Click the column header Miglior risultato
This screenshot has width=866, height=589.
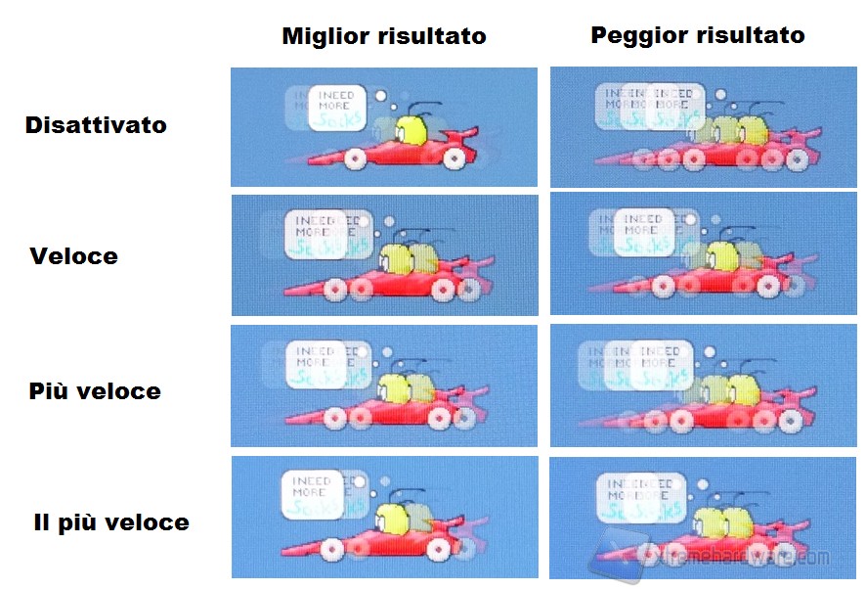(383, 37)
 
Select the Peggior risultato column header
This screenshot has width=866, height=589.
(697, 36)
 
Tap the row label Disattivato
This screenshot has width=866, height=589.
(96, 125)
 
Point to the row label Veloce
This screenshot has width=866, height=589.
(73, 256)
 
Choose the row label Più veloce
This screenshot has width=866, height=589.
(94, 391)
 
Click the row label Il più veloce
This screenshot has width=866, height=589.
(110, 521)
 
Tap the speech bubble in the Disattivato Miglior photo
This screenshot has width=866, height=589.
(335, 108)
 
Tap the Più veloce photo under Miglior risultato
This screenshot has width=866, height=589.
(384, 385)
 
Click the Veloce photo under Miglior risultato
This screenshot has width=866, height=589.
(384, 254)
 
